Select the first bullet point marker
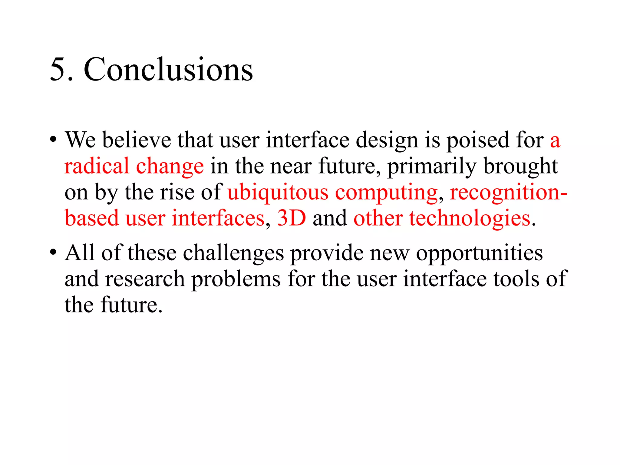(53, 140)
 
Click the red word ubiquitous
(278, 193)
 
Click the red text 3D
(292, 218)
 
